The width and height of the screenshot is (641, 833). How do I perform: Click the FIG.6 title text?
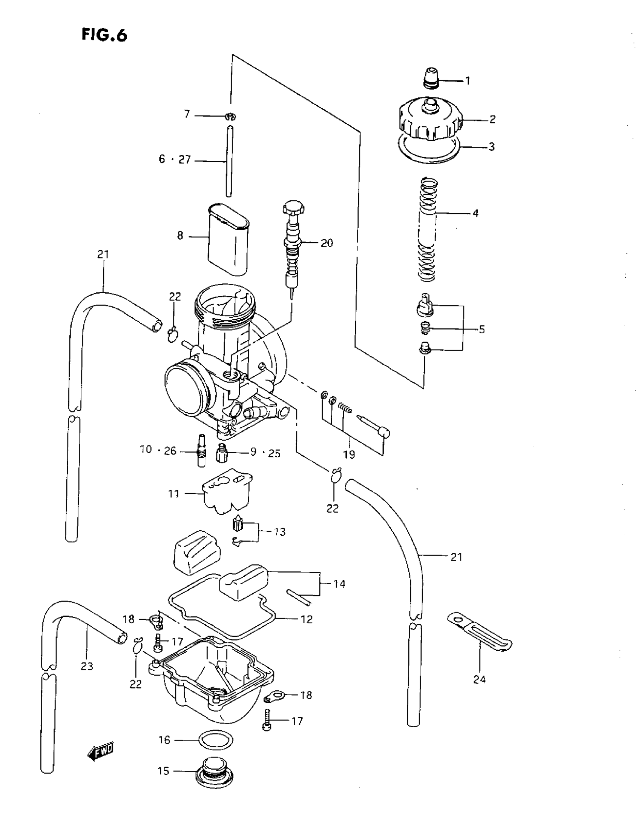(104, 35)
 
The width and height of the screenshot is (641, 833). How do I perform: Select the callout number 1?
(467, 81)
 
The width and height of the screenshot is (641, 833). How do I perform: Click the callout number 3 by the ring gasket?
(491, 146)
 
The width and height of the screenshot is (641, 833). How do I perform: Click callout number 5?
(482, 329)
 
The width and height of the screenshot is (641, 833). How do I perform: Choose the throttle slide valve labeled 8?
(228, 240)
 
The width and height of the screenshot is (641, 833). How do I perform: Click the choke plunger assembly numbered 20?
(293, 248)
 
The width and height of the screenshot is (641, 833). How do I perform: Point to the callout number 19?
(349, 454)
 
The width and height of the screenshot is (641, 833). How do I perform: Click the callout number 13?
(280, 532)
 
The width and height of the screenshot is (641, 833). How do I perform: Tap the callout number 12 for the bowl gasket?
(307, 619)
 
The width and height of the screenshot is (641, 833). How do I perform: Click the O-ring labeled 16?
(216, 741)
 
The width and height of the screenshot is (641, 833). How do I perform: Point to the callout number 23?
(87, 666)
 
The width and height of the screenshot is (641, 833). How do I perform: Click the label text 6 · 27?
(175, 159)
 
